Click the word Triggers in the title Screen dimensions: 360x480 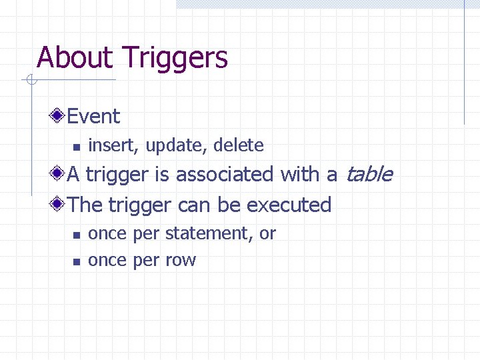click(175, 59)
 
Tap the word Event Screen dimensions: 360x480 click(93, 117)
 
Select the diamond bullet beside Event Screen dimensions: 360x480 click(59, 116)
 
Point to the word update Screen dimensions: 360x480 click(169, 146)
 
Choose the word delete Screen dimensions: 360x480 click(238, 145)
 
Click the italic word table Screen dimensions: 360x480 click(368, 175)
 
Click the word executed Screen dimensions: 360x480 click(289, 205)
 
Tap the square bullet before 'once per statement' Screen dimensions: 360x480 click(76, 235)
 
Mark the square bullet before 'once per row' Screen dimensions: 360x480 click(76, 261)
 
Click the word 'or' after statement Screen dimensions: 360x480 click(267, 234)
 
